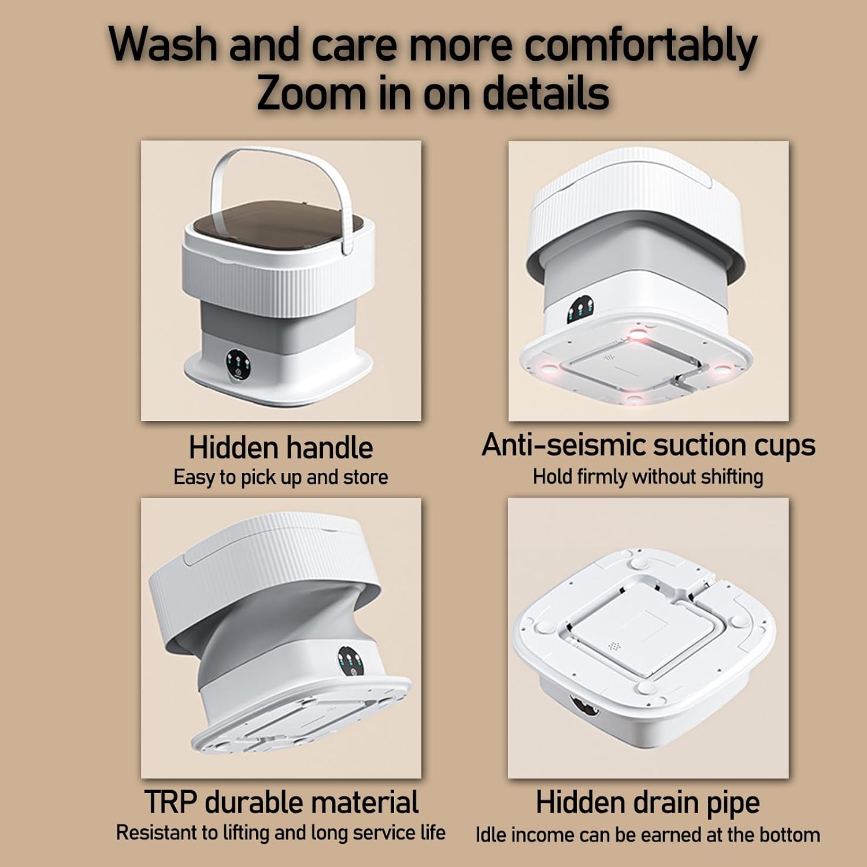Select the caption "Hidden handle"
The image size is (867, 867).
pos(281,447)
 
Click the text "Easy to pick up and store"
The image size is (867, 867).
pos(281,477)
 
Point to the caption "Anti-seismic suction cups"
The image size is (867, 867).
pos(649,445)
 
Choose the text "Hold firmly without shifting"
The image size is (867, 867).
pos(648,477)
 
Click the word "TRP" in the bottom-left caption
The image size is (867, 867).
pos(171,802)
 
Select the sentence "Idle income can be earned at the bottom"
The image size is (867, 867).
pos(648,835)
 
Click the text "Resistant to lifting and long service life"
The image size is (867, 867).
pos(281,832)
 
